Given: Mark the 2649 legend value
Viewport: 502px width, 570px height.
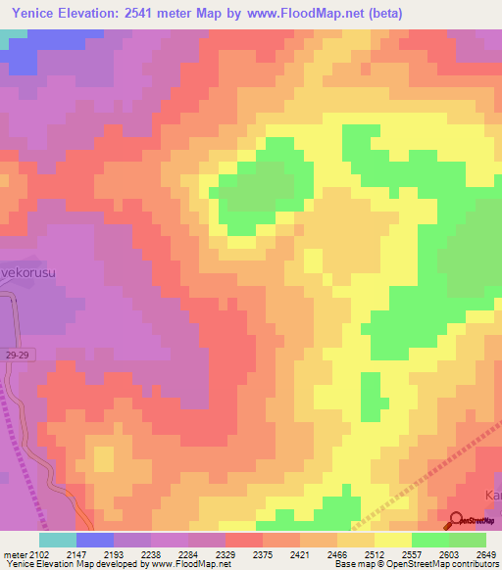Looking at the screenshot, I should [487, 553].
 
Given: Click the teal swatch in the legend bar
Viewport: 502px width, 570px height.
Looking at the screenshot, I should [58, 540].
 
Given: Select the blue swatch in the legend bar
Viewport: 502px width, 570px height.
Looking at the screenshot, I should [95, 540].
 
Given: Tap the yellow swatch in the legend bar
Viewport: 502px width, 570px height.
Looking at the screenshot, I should [393, 540].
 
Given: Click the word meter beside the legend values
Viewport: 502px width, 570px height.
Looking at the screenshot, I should [15, 553].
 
